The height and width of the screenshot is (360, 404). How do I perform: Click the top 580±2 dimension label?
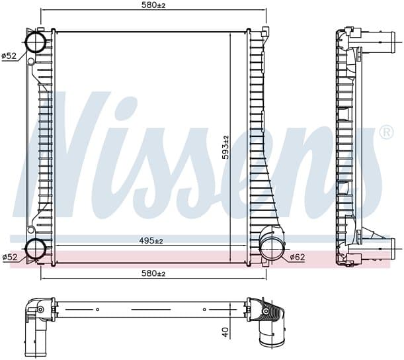153,5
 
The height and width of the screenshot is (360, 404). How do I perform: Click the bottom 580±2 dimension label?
153,273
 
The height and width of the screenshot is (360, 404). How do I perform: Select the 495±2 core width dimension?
151,241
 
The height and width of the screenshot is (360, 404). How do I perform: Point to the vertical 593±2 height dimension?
225,147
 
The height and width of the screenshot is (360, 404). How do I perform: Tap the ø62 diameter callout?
298,257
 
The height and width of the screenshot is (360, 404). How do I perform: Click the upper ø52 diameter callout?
9,56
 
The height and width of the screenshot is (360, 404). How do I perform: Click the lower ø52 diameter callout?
9,257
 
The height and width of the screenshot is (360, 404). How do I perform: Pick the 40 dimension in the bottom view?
225,332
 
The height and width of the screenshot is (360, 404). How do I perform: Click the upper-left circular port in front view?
36,42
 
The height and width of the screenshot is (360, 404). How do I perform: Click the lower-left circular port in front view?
36,249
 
